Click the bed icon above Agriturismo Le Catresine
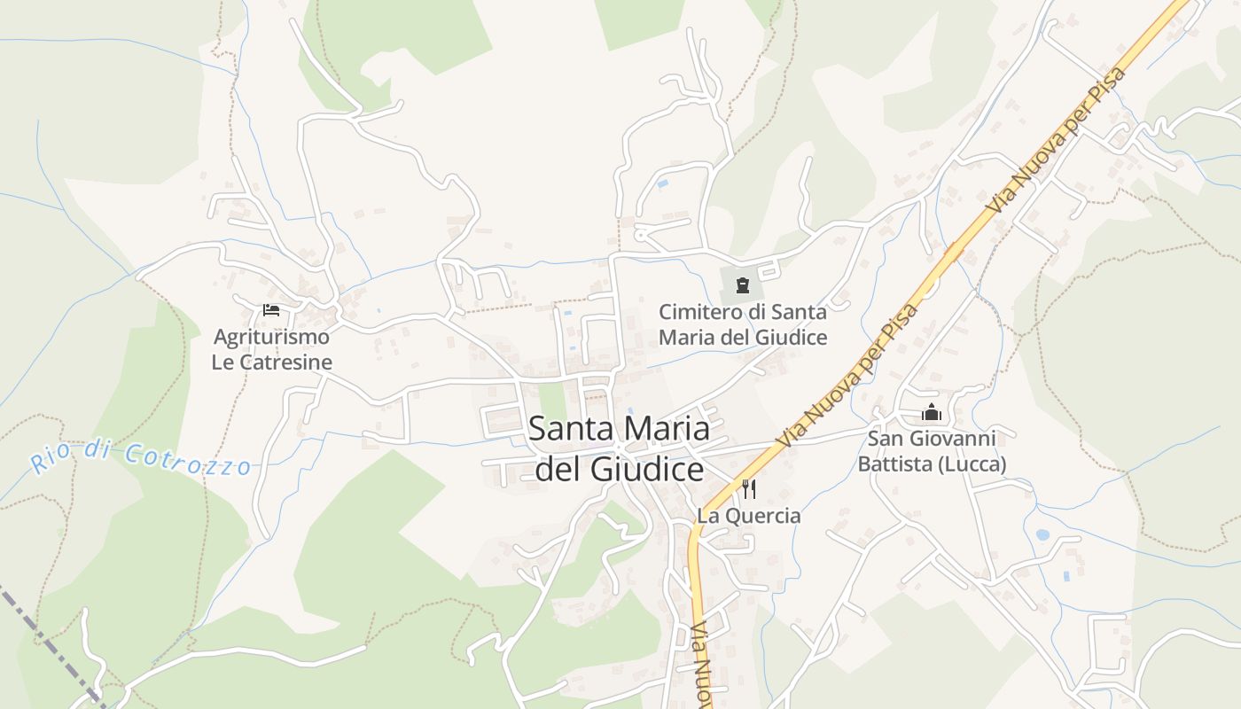pos(271,310)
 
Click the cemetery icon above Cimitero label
pos(742,285)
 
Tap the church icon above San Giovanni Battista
pos(931,413)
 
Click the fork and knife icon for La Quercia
pos(749,488)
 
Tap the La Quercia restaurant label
pos(748,516)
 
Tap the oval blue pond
pos(1042,535)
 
